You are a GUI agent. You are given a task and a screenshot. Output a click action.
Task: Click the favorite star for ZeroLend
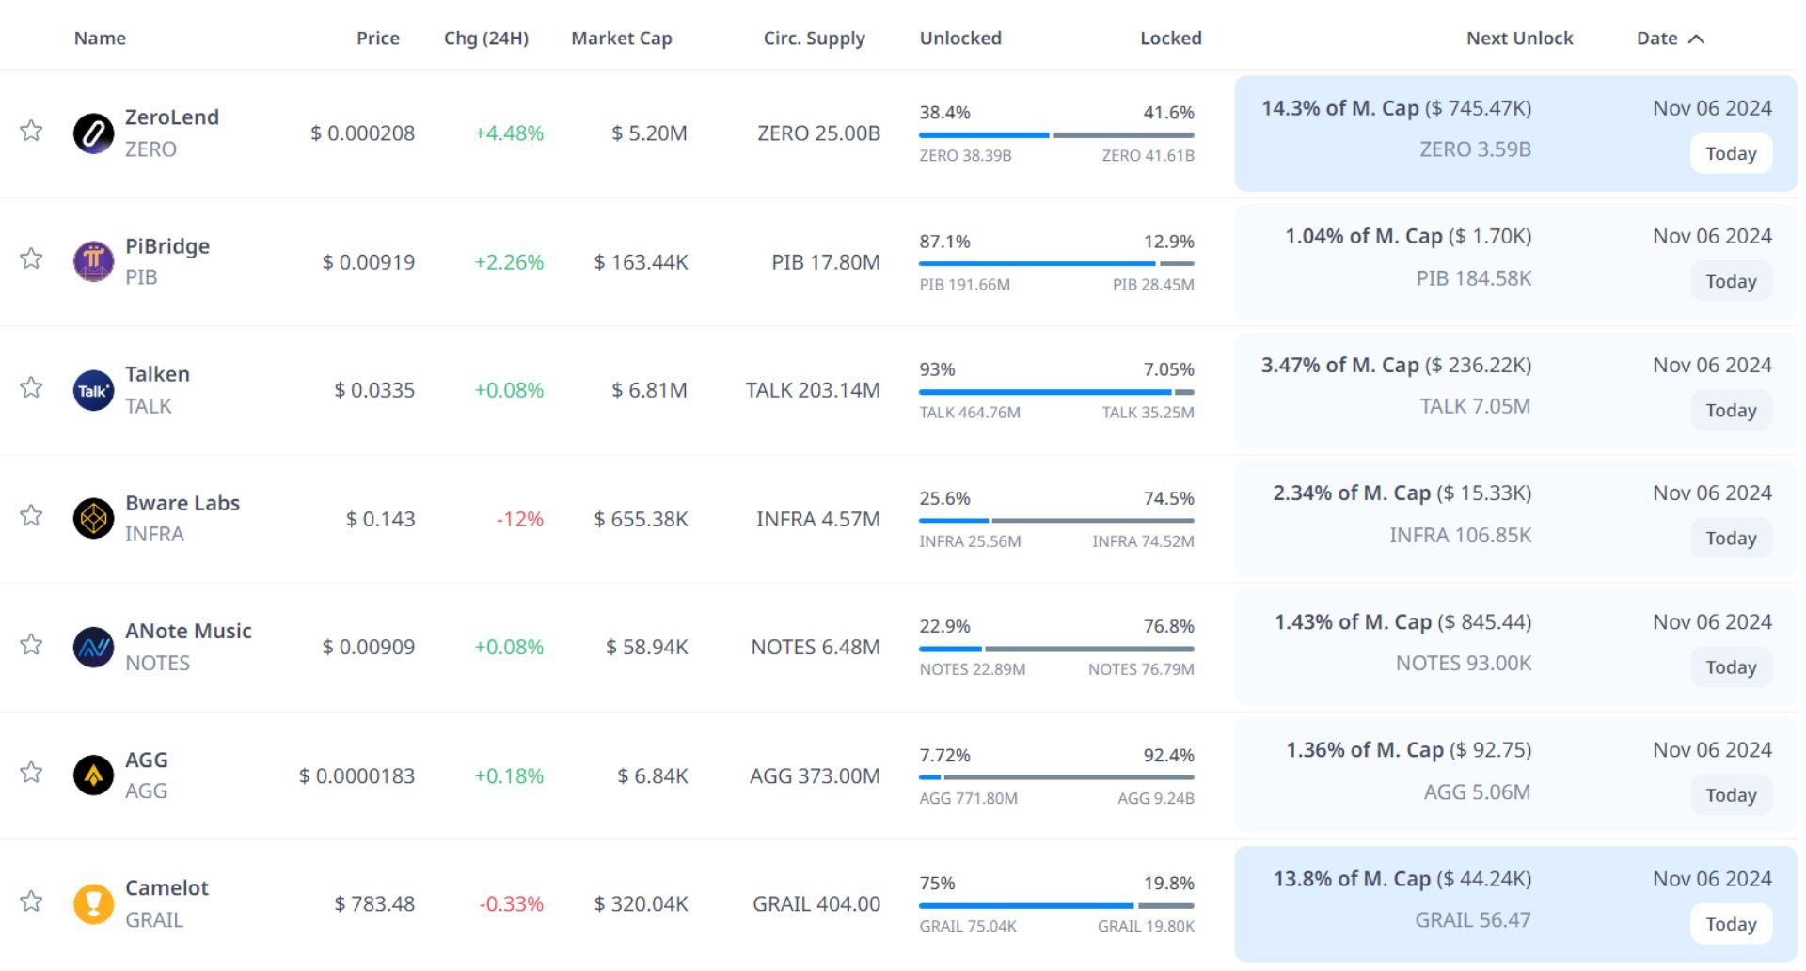point(31,130)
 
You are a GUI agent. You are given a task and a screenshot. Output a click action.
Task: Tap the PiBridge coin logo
point(93,261)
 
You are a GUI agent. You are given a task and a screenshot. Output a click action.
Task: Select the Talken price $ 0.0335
point(374,390)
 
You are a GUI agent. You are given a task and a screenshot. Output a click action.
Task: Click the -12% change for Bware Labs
point(519,519)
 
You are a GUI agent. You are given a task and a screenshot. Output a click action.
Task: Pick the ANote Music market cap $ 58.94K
point(646,647)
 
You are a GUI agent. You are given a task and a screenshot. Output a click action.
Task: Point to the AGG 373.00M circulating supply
point(815,775)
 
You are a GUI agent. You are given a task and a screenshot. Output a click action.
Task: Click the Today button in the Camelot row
point(1731,924)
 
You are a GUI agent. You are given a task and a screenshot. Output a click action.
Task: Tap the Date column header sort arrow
point(1696,39)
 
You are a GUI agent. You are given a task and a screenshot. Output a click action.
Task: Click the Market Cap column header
point(621,39)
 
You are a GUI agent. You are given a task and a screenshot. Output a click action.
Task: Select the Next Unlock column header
point(1519,39)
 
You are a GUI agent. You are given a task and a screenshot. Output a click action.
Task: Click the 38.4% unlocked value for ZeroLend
point(944,113)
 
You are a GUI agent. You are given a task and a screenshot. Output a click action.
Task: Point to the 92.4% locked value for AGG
point(1168,755)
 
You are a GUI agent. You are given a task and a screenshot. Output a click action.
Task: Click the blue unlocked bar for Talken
point(1044,392)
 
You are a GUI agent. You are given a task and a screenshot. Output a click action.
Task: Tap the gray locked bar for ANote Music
point(1089,649)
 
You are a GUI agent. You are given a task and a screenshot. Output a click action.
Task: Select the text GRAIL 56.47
point(1472,920)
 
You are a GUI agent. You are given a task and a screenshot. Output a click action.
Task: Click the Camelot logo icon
point(93,904)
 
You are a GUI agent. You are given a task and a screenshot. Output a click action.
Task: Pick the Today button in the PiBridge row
point(1731,281)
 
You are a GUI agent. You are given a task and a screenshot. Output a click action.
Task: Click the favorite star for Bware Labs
point(31,515)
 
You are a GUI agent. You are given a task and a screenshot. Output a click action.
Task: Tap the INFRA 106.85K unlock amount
point(1460,535)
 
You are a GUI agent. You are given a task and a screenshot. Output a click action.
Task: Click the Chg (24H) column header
point(485,39)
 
